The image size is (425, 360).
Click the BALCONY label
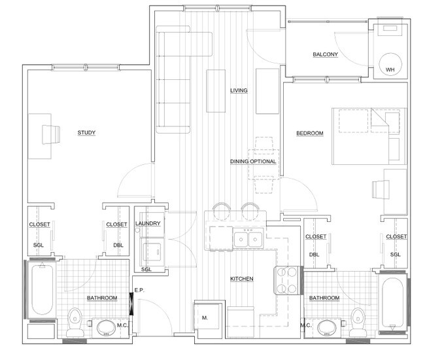click(x=325, y=54)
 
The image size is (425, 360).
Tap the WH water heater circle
click(x=390, y=64)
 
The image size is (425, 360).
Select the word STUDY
click(x=86, y=133)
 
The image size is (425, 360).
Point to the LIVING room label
click(x=239, y=90)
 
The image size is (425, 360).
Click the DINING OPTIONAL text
click(x=253, y=162)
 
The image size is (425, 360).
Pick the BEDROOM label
click(x=310, y=134)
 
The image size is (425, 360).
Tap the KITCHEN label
click(x=242, y=279)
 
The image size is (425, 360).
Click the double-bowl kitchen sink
click(x=248, y=238)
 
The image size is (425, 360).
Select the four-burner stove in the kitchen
click(x=287, y=280)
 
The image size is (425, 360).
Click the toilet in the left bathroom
click(x=75, y=322)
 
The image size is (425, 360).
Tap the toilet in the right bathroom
click(x=358, y=322)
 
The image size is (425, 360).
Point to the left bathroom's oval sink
click(x=106, y=328)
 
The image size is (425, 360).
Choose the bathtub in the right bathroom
click(x=392, y=303)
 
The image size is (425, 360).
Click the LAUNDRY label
click(x=148, y=224)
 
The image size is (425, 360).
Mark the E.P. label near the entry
click(x=139, y=290)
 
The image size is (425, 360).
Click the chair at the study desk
click(x=51, y=135)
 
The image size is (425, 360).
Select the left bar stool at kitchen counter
click(x=222, y=211)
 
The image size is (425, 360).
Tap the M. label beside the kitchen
click(x=205, y=317)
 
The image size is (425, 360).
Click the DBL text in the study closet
click(x=118, y=245)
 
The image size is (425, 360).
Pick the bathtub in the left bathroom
click(x=42, y=290)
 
